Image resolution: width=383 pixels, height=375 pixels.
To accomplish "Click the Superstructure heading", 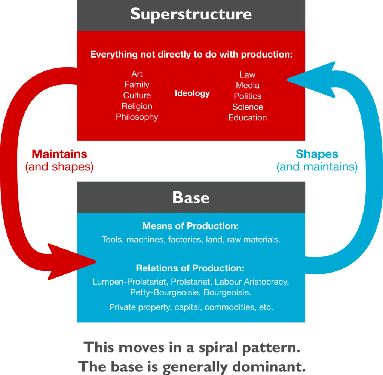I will (x=191, y=15).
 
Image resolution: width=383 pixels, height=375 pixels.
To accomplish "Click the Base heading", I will (x=191, y=197).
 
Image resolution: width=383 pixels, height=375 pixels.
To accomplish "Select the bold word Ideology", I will (x=192, y=93).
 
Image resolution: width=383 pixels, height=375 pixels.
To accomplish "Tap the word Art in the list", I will (x=137, y=74).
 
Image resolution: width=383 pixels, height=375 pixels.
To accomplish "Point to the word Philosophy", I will (x=137, y=117).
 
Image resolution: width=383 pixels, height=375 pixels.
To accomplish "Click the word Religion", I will (x=137, y=106).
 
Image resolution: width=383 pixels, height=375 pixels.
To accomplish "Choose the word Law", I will (x=248, y=75).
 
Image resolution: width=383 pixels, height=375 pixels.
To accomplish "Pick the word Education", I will (x=248, y=117).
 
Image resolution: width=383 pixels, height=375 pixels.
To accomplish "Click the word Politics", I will (x=248, y=96).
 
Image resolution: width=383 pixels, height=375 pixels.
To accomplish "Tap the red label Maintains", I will (x=59, y=154).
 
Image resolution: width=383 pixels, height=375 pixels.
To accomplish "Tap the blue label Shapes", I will (x=317, y=154).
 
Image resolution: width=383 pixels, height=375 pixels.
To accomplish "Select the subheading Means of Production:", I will (x=191, y=226).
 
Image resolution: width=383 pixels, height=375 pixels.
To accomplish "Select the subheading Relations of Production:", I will (x=191, y=268).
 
